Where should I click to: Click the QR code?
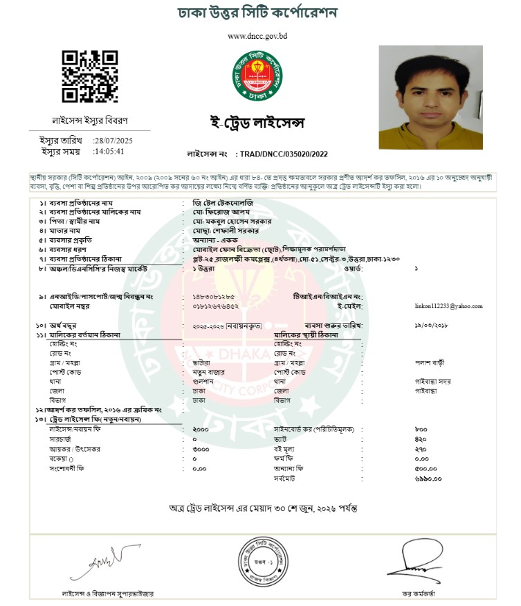pos(89,76)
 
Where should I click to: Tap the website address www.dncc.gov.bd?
pos(257,36)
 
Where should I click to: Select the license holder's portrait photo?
pos(430,97)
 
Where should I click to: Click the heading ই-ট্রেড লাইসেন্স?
pos(258,123)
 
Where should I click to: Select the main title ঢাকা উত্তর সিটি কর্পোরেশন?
pos(257,14)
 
